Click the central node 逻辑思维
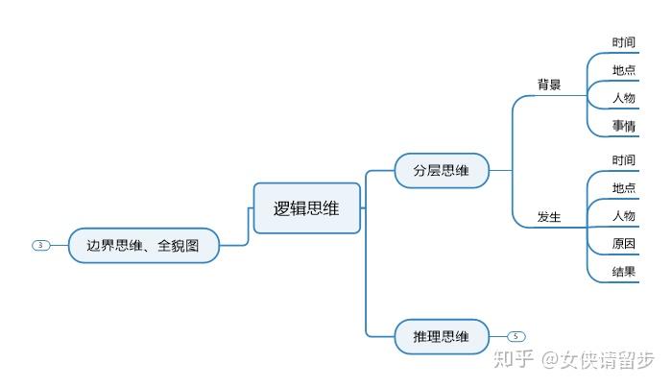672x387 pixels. click(307, 208)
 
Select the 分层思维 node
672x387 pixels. click(442, 171)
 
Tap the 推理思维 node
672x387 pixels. click(442, 336)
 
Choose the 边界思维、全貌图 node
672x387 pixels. click(144, 245)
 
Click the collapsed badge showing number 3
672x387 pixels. click(40, 245)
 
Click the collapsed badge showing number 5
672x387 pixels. click(516, 336)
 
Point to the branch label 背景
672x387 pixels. click(549, 85)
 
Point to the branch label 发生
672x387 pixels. click(549, 217)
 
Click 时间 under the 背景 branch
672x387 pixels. click(624, 42)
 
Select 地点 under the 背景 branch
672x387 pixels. click(624, 70)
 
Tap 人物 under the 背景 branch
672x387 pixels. click(624, 98)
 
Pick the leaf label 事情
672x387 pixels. click(624, 126)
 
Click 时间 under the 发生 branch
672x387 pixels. click(624, 159)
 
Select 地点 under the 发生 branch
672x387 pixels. click(624, 187)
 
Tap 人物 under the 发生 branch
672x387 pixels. click(624, 215)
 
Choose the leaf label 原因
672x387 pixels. click(624, 243)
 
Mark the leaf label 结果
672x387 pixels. click(624, 272)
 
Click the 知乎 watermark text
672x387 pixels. click(514, 359)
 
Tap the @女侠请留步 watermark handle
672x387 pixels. click(598, 359)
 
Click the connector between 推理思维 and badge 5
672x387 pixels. click(498, 336)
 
